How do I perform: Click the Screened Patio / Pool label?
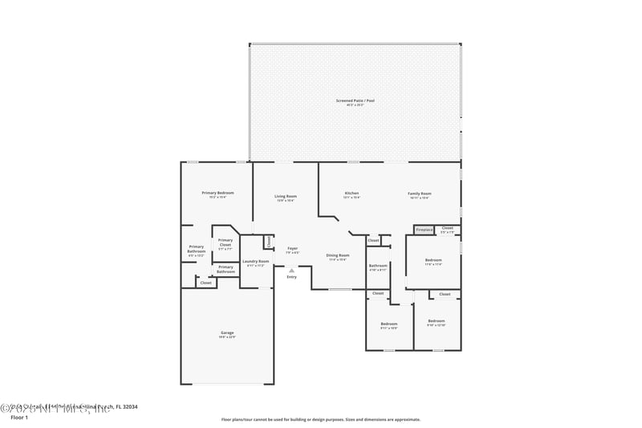click(355, 100)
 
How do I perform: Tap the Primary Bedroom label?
click(217, 193)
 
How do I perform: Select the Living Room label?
click(286, 196)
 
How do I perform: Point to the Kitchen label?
click(351, 193)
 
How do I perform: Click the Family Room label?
click(420, 194)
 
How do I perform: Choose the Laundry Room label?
click(255, 261)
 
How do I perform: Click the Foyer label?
click(293, 248)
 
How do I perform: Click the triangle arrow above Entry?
click(291, 271)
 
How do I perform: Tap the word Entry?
click(291, 277)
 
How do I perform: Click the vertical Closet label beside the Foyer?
click(269, 241)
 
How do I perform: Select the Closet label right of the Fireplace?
click(447, 228)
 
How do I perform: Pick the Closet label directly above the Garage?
click(205, 283)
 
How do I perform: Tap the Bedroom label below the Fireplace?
click(433, 260)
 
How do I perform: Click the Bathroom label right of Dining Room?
click(377, 265)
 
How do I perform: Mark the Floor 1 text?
click(19, 418)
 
